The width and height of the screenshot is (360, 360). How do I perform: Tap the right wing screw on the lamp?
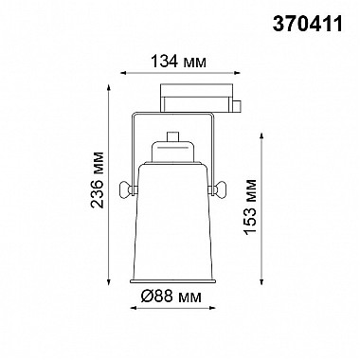(221, 190)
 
